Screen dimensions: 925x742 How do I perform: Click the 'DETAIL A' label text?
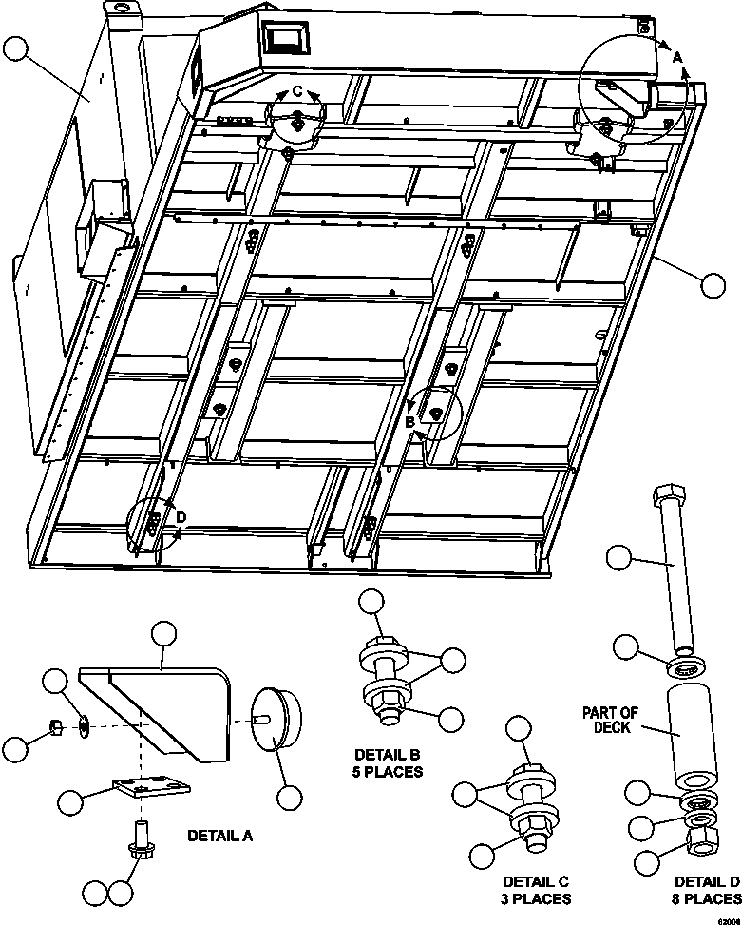(219, 836)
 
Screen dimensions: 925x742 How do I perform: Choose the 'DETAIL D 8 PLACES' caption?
(706, 889)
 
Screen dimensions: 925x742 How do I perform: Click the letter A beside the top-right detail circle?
(677, 57)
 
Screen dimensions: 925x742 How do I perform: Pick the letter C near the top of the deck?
(296, 91)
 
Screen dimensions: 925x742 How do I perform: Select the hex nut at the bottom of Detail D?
(702, 836)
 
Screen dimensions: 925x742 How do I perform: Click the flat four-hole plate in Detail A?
(150, 787)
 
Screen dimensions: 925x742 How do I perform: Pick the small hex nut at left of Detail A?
(55, 728)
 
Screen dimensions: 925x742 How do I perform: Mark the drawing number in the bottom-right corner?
(729, 918)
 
